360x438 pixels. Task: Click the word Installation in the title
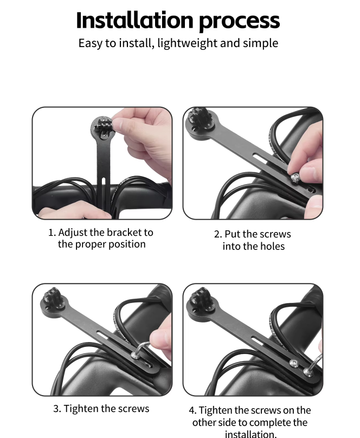tap(134, 20)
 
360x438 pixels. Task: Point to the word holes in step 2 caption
tap(272, 246)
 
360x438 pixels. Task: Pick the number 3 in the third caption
tap(57, 409)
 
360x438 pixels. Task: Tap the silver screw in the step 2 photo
tap(294, 177)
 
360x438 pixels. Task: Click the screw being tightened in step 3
tap(134, 355)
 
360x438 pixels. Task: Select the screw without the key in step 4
tap(293, 363)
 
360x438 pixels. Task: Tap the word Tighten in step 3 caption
tap(81, 409)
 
